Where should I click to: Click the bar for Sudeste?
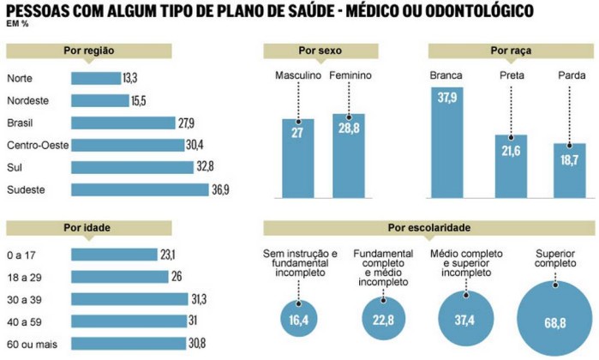click(140, 189)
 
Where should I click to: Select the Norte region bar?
click(96, 78)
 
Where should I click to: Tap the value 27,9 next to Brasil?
click(187, 123)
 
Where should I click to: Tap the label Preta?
click(511, 75)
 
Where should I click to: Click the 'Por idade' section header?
click(97, 228)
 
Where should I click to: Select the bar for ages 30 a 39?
click(129, 298)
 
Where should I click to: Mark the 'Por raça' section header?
click(510, 51)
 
